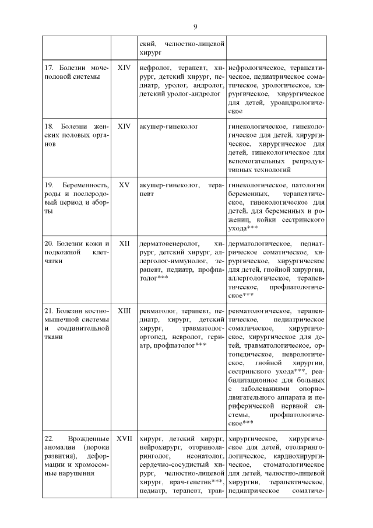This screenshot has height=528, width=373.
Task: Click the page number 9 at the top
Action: click(x=195, y=26)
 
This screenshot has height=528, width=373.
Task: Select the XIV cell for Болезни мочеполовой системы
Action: click(x=124, y=68)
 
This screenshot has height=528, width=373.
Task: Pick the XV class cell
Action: click(x=124, y=185)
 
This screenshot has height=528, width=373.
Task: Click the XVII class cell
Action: click(x=124, y=438)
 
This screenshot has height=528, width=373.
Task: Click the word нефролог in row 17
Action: click(x=154, y=68)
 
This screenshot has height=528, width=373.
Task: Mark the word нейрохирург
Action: click(x=159, y=447)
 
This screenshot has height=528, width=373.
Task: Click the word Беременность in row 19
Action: click(x=83, y=185)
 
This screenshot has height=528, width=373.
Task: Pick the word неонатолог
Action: click(x=206, y=456)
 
